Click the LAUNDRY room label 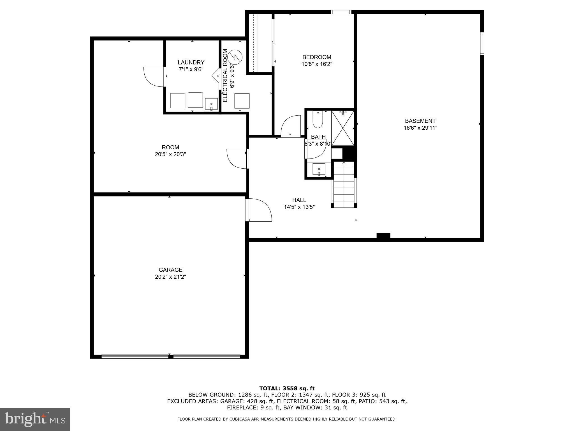click(191, 62)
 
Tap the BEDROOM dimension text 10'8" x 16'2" click(317, 64)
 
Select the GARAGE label click(170, 270)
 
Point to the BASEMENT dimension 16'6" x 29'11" click(420, 128)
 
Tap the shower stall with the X click(342, 128)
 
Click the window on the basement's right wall click(482, 43)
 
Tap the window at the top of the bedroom click(341, 12)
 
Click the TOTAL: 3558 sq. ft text click(287, 388)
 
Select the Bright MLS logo click(35, 419)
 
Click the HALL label click(299, 200)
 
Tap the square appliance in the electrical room click(242, 101)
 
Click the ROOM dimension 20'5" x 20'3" click(170, 154)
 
